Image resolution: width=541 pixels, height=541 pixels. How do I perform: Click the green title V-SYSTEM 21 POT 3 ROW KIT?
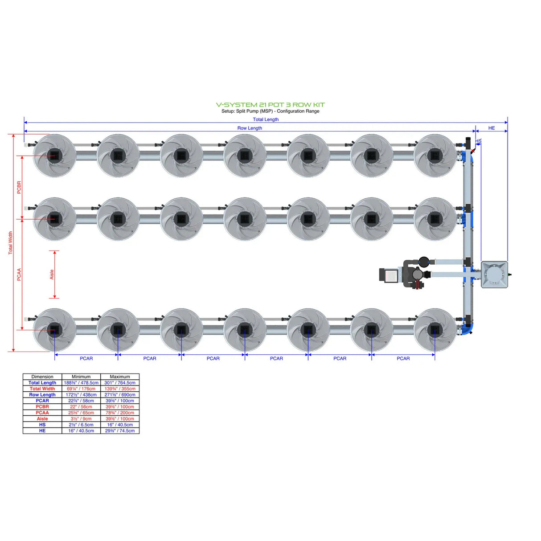point(270,105)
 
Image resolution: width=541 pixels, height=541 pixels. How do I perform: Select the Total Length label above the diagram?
point(266,119)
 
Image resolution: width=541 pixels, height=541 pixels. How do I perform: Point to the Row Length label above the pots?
point(250,128)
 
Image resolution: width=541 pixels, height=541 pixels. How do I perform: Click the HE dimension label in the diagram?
point(491,128)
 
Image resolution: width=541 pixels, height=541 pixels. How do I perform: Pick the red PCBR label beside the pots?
point(19,187)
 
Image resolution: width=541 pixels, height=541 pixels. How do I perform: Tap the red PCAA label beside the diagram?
point(19,274)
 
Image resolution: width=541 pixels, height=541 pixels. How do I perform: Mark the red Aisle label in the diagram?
point(52,275)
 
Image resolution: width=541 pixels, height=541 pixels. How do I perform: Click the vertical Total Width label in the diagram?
point(10,243)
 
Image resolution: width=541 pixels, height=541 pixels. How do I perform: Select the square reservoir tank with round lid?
point(494,275)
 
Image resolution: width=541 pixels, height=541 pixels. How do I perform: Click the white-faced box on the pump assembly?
point(390,275)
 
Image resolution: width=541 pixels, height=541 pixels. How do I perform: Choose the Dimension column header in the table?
point(42,377)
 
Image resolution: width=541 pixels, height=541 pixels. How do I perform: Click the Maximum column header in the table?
point(120,377)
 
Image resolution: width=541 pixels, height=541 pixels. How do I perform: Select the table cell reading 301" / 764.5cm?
point(120,383)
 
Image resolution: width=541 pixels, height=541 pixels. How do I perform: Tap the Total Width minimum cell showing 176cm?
point(81,389)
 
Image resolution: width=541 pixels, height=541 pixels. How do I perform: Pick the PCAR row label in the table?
point(42,401)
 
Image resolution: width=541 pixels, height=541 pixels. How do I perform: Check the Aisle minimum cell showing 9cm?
point(81,419)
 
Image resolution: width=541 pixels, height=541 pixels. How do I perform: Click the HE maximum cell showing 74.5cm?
point(120,431)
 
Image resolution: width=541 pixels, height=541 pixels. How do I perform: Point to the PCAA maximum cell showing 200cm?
point(120,413)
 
